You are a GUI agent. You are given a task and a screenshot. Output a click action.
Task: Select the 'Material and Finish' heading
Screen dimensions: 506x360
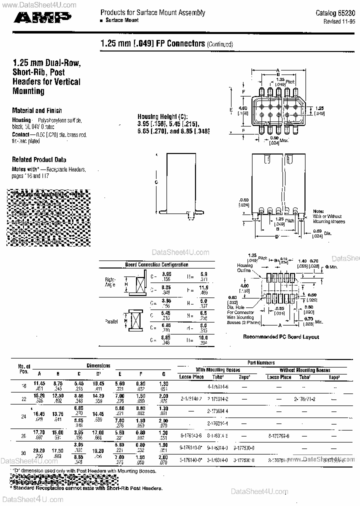pos(37,110)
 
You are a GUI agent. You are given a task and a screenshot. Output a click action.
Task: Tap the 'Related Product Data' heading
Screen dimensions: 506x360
pos(39,159)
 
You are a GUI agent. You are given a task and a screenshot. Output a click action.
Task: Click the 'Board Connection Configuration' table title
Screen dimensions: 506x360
pos(156,264)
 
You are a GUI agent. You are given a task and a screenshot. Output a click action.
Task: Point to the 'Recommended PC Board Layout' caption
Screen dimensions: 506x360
pos(281,337)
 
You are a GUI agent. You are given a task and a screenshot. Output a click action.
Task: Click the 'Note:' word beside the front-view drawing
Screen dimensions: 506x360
pos(319,211)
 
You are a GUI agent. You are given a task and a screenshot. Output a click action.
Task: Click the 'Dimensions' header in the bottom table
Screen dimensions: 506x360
pos(98,366)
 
